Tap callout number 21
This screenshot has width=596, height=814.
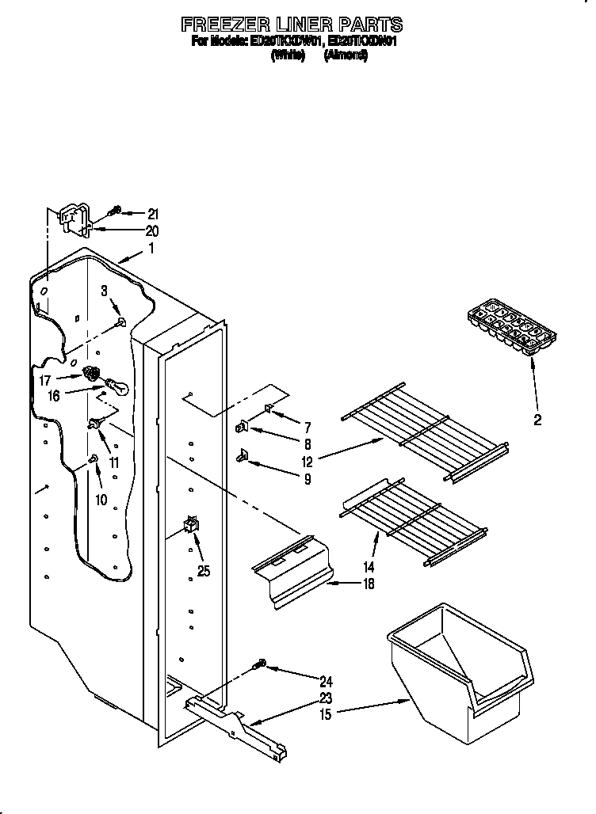click(x=153, y=213)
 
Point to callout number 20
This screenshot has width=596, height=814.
click(x=152, y=231)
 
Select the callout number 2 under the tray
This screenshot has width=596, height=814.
click(x=537, y=420)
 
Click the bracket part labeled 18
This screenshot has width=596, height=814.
click(x=292, y=576)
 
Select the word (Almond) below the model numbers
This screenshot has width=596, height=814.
click(x=346, y=56)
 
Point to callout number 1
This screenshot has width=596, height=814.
click(x=151, y=249)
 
